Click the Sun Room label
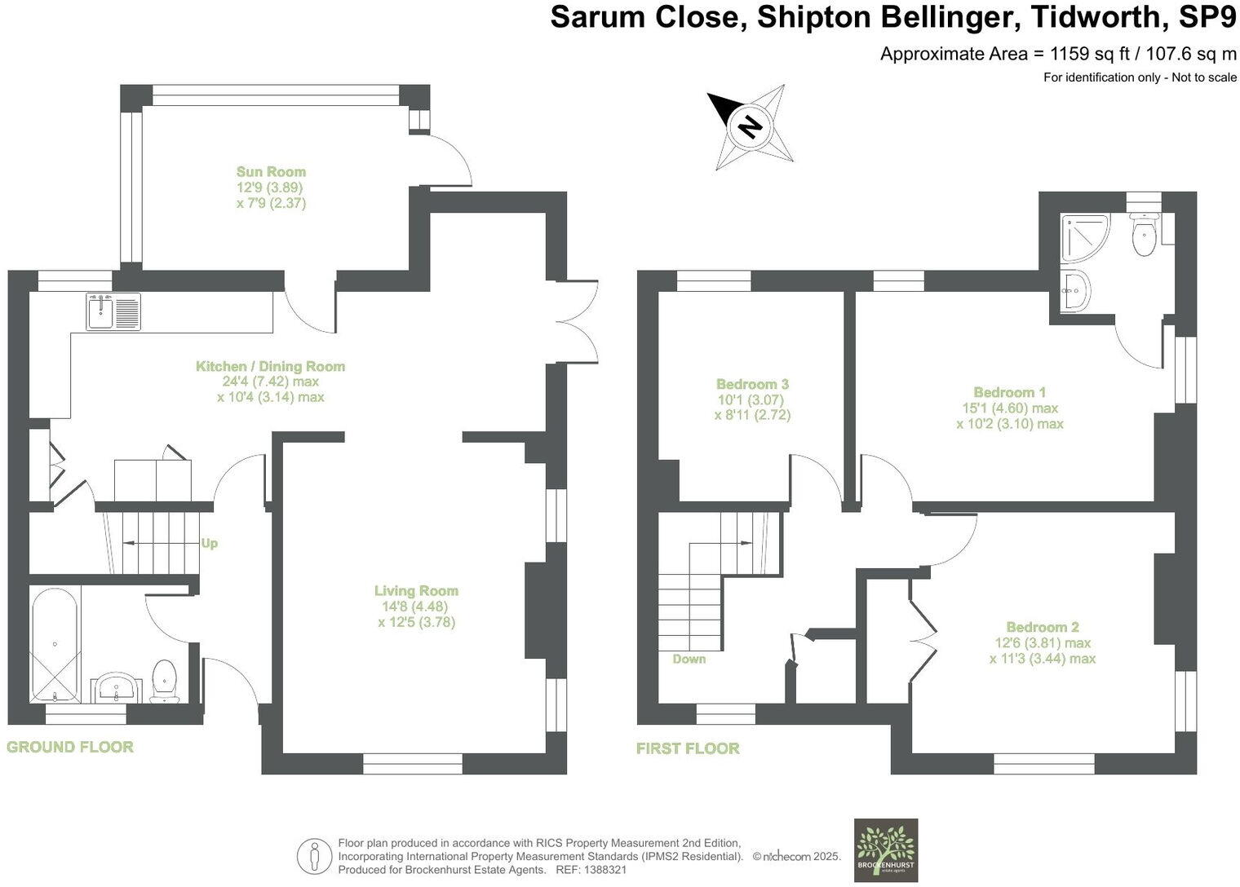click(x=271, y=172)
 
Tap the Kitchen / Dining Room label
click(x=270, y=367)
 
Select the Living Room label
click(x=416, y=591)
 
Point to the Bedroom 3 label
click(x=752, y=384)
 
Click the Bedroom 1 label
click(x=1009, y=392)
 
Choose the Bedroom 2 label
click(x=1042, y=627)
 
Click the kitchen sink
click(x=113, y=311)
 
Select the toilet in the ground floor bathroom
click(x=166, y=680)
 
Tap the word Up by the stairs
click(x=210, y=543)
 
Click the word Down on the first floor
click(x=689, y=659)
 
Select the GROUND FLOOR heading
click(x=70, y=747)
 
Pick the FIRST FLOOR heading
click(x=688, y=748)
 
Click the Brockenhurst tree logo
click(x=885, y=850)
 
